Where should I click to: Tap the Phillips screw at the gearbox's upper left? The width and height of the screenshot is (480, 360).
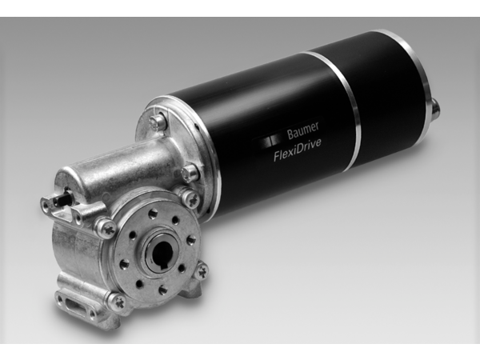coord(106,228)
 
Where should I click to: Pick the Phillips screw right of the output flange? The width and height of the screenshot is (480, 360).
coord(202,271)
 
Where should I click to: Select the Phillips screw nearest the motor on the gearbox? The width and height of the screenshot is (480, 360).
coord(191,198)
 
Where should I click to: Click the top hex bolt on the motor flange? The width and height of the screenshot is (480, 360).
coord(158,122)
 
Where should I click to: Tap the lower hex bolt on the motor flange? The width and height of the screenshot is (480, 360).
coord(189,171)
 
